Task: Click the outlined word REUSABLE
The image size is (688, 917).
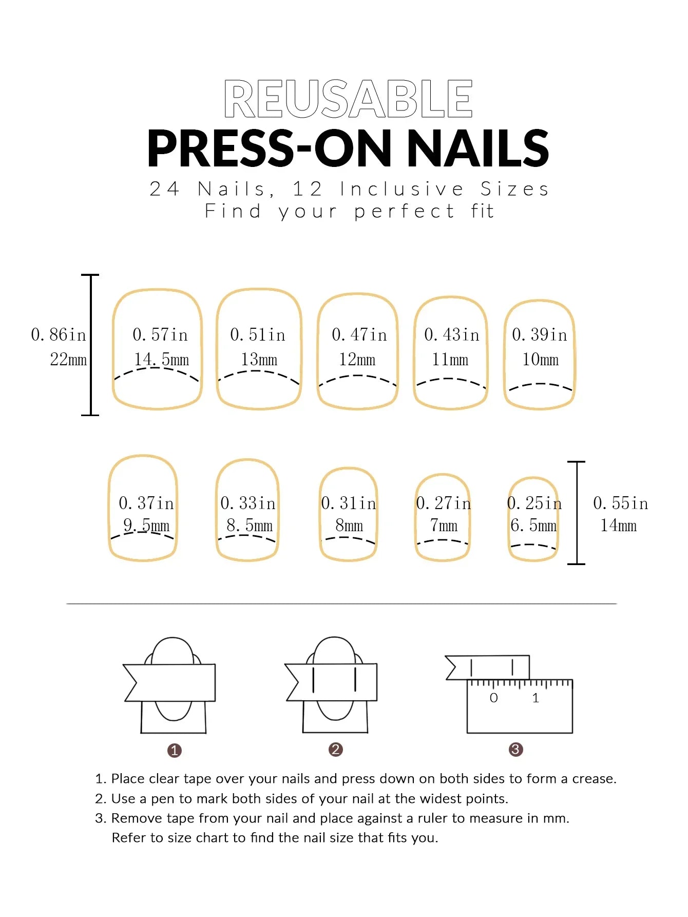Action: pos(348,99)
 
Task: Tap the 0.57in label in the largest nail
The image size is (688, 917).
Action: pos(160,335)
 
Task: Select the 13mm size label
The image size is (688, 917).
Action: pos(259,360)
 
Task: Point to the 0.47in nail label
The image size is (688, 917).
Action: pos(359,335)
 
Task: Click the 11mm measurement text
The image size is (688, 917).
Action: pos(450,360)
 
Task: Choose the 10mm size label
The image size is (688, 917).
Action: pos(540,360)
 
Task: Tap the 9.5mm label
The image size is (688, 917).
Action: pos(146,525)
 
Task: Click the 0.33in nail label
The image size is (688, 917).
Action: pos(248,503)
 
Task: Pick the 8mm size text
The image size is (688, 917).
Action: pos(349,526)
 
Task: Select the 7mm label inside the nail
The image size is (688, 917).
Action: pos(444,526)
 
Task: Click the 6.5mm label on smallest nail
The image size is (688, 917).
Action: pos(533,526)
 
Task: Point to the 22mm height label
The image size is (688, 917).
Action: pos(68,360)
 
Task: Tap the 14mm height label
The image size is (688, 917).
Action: pos(618,526)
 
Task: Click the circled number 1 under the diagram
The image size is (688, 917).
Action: pos(175,751)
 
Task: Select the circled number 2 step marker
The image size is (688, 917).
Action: pos(336,750)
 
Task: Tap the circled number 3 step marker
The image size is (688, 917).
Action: pos(515,750)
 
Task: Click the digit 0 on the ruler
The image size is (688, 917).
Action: pos(493,698)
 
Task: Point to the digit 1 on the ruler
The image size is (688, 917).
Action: pos(536,698)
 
